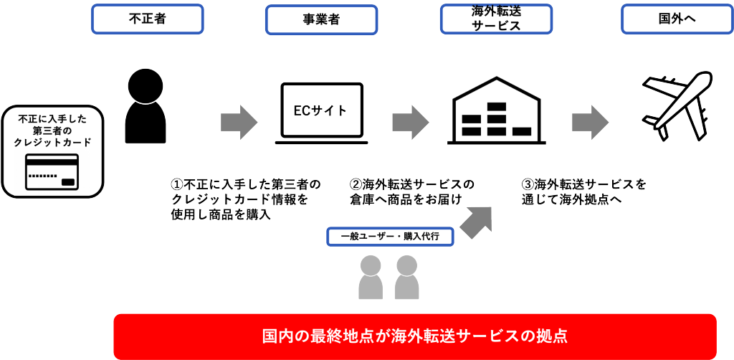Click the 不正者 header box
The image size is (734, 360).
pos(147,19)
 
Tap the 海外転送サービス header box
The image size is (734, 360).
pos(495,19)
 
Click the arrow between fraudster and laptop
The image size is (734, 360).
pos(238,122)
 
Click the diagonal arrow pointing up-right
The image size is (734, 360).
pos(477,221)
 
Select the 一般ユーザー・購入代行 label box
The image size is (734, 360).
pos(390,237)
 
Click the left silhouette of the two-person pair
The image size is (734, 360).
pos(371,277)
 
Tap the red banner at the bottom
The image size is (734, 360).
pos(415,336)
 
